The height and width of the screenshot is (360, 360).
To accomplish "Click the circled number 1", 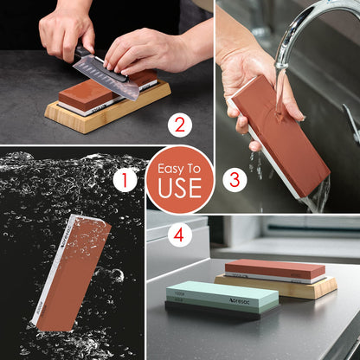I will pos(125,180).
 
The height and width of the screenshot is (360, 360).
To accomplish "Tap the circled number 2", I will pos(179,125).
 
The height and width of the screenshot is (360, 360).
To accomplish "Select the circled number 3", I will pos(231,180).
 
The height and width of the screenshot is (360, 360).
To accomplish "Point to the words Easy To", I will pos(179,166).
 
